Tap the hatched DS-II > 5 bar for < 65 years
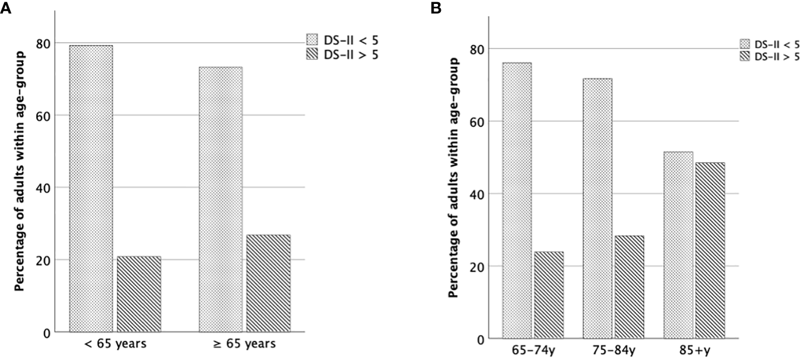(x=139, y=294)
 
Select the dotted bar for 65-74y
(x=517, y=200)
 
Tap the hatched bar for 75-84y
(x=629, y=287)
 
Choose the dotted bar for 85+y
(x=679, y=245)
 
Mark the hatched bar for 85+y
(x=710, y=251)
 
